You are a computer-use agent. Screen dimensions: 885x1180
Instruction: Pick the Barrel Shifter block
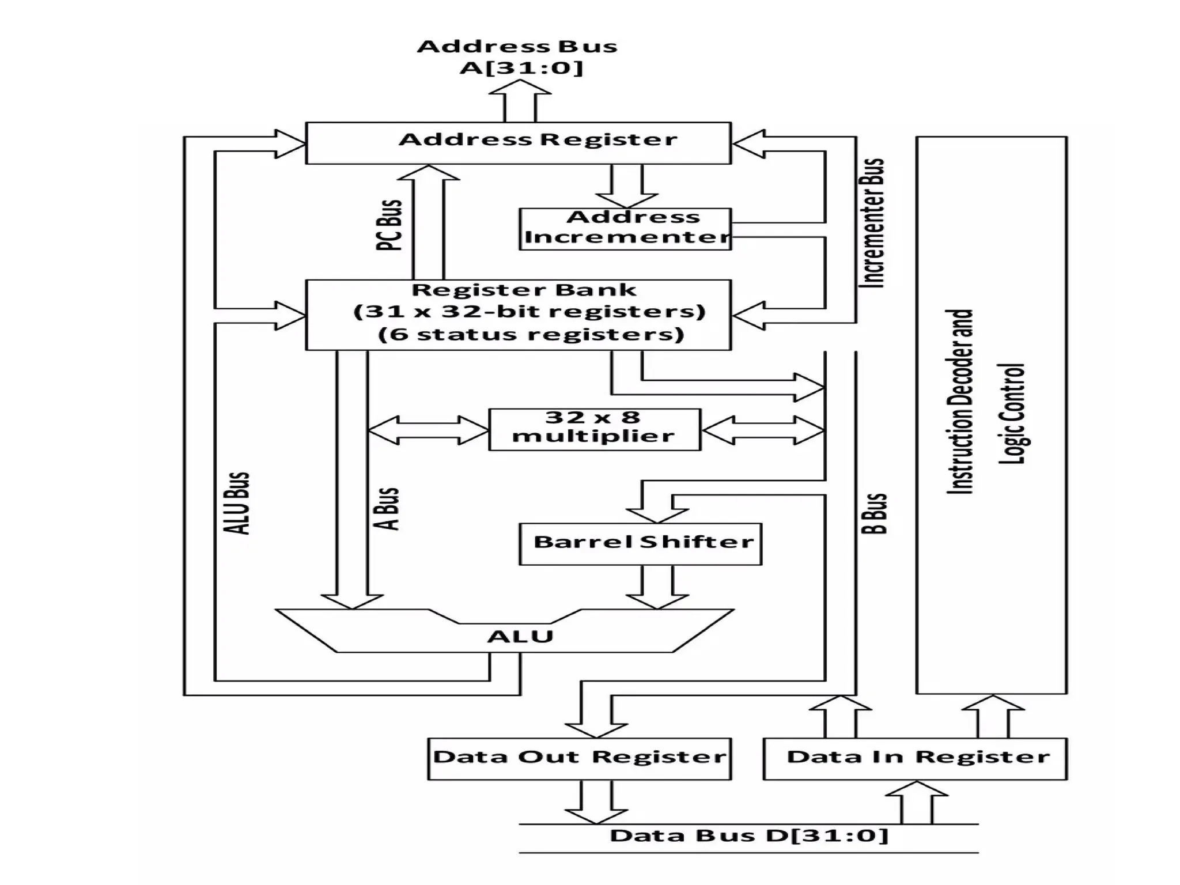coord(640,543)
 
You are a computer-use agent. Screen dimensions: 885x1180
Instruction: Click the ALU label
coord(520,637)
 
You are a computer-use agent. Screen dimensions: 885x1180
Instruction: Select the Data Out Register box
coord(579,758)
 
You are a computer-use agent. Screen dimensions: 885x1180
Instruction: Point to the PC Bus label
coord(388,225)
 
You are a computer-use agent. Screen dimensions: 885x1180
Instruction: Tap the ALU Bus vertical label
coord(237,503)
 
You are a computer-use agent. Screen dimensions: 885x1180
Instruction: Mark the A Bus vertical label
coord(388,509)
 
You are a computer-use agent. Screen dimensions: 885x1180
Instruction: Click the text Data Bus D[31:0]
coord(749,835)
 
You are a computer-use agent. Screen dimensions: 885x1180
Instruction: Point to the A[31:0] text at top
coord(521,68)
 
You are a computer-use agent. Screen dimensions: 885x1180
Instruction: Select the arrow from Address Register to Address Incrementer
coord(626,187)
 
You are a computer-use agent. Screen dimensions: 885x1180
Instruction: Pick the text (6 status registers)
coord(531,335)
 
